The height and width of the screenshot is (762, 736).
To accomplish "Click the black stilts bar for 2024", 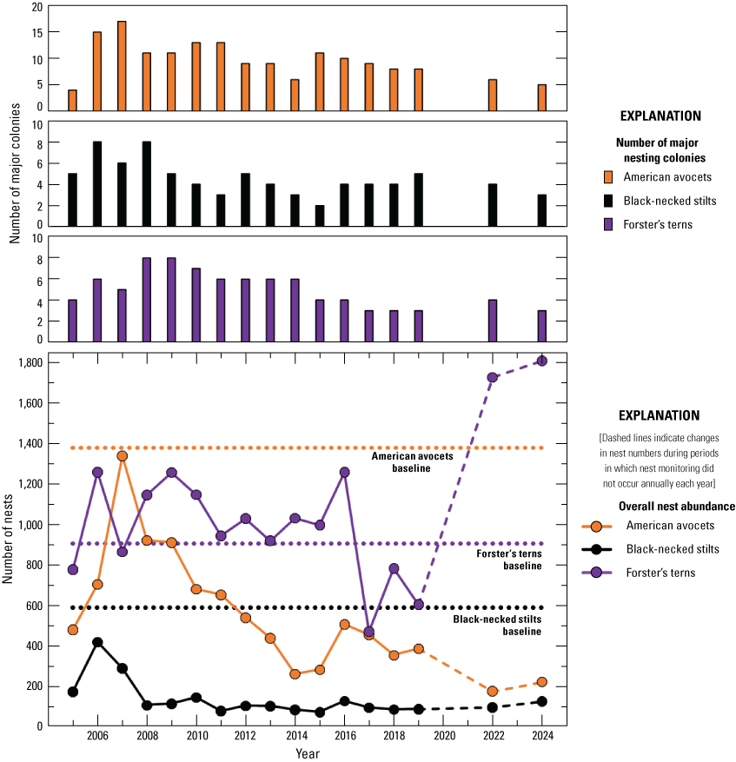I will click(x=542, y=210).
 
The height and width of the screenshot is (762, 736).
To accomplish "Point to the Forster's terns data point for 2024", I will click(x=541, y=361).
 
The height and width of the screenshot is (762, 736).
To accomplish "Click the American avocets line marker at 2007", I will click(x=122, y=456).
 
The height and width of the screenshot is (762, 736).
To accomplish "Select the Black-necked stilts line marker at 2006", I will click(x=97, y=642).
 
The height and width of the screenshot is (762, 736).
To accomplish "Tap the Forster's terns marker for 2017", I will click(x=369, y=632).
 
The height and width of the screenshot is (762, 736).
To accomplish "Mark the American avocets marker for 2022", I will click(x=493, y=692).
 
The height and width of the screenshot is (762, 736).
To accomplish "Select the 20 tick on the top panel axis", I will click(x=36, y=7).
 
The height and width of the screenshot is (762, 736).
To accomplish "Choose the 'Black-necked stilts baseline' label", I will click(x=496, y=626).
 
